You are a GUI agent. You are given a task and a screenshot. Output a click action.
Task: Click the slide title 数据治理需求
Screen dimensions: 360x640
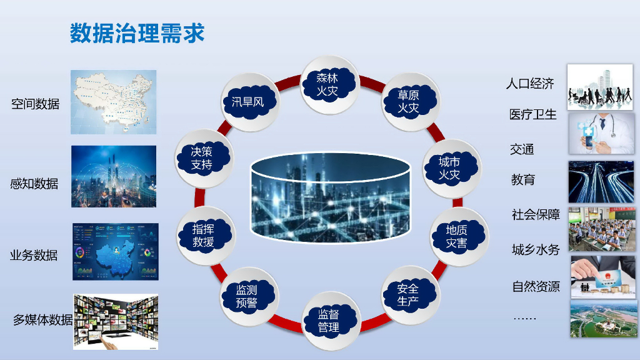click(x=137, y=33)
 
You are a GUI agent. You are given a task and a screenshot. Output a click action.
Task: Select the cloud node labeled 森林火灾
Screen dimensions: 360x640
click(x=327, y=84)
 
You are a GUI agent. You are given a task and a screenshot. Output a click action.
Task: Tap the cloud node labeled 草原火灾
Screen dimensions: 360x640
click(x=408, y=101)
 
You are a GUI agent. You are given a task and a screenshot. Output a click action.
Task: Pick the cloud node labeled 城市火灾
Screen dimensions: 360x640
click(x=449, y=168)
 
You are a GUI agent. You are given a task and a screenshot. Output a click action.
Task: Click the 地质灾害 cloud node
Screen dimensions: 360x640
click(x=457, y=236)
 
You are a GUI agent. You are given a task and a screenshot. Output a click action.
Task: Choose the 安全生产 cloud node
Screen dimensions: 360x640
click(x=408, y=295)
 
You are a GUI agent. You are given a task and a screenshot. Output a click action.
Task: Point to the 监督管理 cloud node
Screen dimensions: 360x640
click(x=329, y=321)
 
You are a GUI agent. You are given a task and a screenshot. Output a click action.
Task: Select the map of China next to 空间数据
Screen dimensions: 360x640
click(x=113, y=102)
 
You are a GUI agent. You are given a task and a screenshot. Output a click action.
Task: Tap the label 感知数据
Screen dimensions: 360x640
click(x=34, y=184)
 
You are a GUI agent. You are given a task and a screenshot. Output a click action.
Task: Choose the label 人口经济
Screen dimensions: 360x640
click(x=530, y=83)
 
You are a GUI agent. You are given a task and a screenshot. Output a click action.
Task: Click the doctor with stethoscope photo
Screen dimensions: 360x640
click(x=601, y=133)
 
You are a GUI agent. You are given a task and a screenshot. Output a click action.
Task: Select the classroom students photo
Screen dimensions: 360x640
click(x=601, y=229)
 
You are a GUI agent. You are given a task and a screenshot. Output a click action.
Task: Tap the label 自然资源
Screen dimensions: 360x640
click(x=536, y=287)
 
